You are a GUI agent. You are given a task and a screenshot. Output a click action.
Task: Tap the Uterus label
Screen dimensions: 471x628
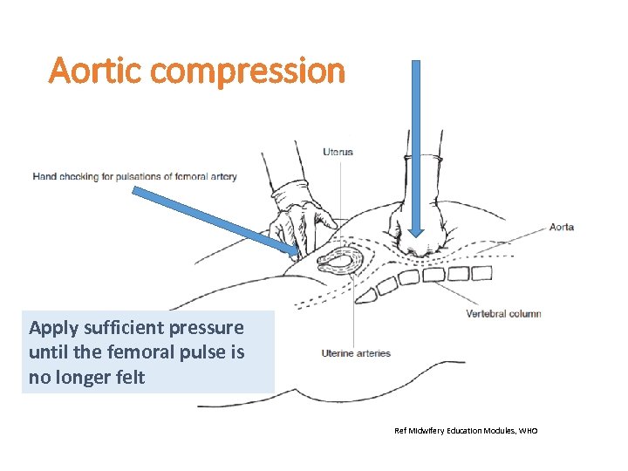tap(338, 152)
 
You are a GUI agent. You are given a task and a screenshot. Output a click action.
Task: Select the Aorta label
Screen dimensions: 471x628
tap(561, 227)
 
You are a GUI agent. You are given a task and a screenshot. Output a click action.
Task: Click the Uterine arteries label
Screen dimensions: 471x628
tap(357, 353)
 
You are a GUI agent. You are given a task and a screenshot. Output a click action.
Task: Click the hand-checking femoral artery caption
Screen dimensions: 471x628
tap(134, 177)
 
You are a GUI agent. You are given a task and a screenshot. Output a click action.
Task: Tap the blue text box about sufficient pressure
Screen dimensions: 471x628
tap(147, 352)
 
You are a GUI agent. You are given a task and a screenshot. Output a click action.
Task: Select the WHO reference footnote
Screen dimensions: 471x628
tap(466, 431)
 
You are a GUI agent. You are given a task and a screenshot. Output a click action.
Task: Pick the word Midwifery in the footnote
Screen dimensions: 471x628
tap(431, 431)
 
